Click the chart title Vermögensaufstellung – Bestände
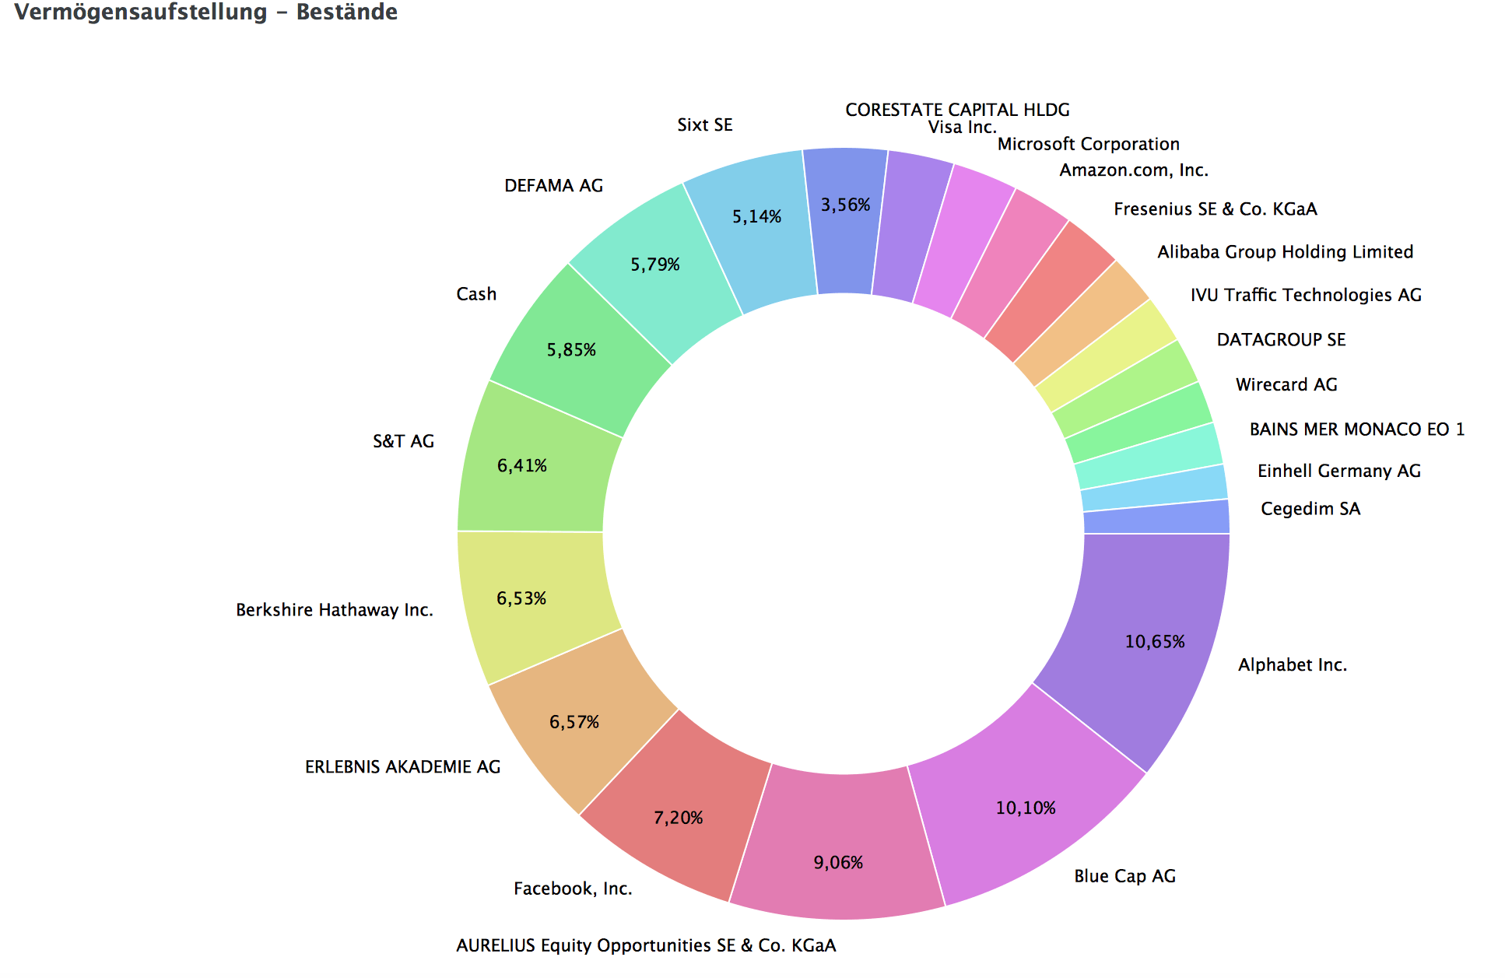206,12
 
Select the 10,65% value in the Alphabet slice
1155,642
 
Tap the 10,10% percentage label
1026,808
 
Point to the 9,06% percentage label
838,863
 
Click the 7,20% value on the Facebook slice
678,818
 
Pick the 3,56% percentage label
845,205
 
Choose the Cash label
476,294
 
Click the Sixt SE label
705,124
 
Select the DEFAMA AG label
554,185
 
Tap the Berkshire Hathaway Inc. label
335,610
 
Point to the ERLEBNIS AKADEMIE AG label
402,767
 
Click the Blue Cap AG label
1124,876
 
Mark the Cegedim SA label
1310,509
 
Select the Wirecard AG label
1286,384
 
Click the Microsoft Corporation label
1089,144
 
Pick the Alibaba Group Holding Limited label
1285,252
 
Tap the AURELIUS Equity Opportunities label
646,945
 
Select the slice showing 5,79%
654,268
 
